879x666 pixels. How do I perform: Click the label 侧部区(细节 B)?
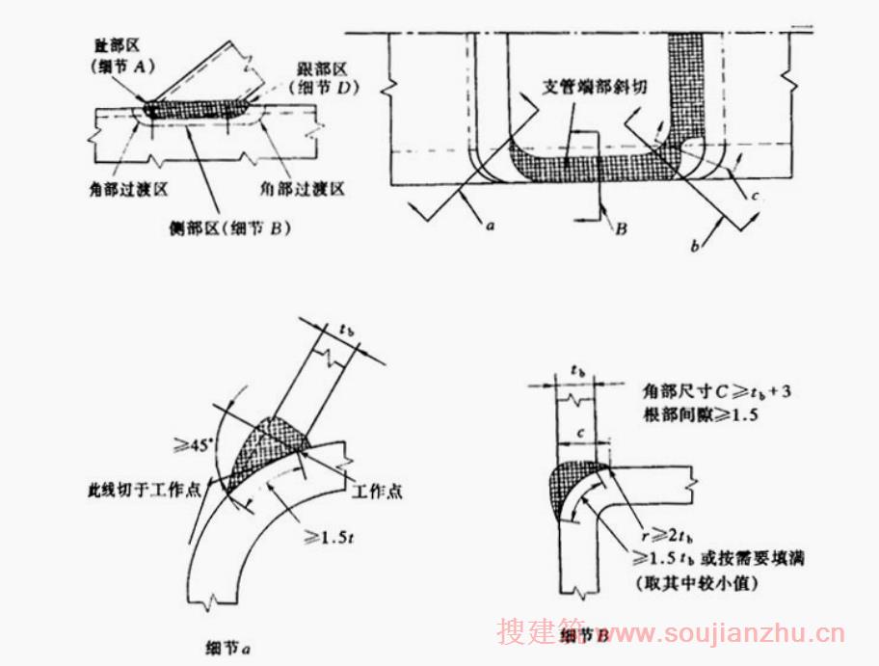[x=231, y=228]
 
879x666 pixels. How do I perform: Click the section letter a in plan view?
[x=490, y=226]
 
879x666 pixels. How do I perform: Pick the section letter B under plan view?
[x=622, y=229]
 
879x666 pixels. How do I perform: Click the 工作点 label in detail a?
[x=377, y=491]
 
